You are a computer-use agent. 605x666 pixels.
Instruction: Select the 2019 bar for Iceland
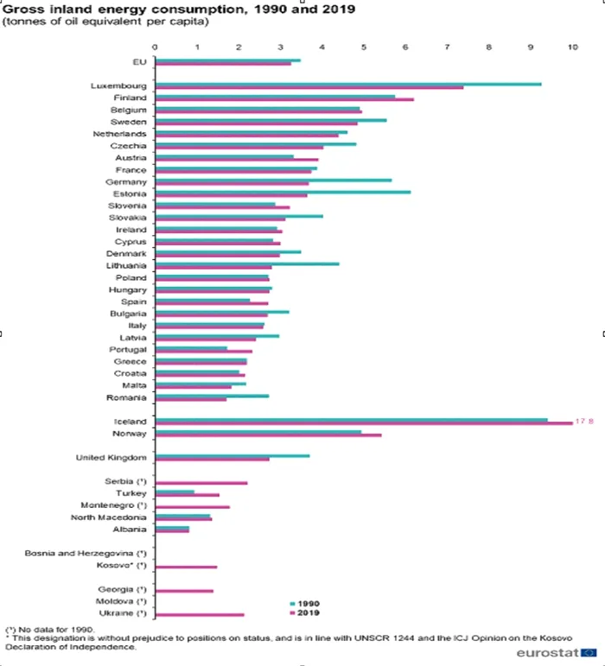[363, 423]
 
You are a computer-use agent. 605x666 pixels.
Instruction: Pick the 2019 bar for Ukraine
[199, 615]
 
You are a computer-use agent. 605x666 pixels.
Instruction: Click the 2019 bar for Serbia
[201, 483]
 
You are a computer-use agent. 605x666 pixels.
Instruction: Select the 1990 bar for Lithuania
[246, 264]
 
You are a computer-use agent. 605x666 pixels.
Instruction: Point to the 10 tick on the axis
[571, 47]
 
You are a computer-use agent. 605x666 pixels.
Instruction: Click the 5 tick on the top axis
[364, 47]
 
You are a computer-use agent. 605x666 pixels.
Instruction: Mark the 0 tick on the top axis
[155, 47]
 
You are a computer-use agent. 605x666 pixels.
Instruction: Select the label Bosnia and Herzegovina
[86, 552]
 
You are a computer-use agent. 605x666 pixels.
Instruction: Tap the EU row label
[139, 61]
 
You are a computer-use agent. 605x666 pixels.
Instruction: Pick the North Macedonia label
[109, 517]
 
